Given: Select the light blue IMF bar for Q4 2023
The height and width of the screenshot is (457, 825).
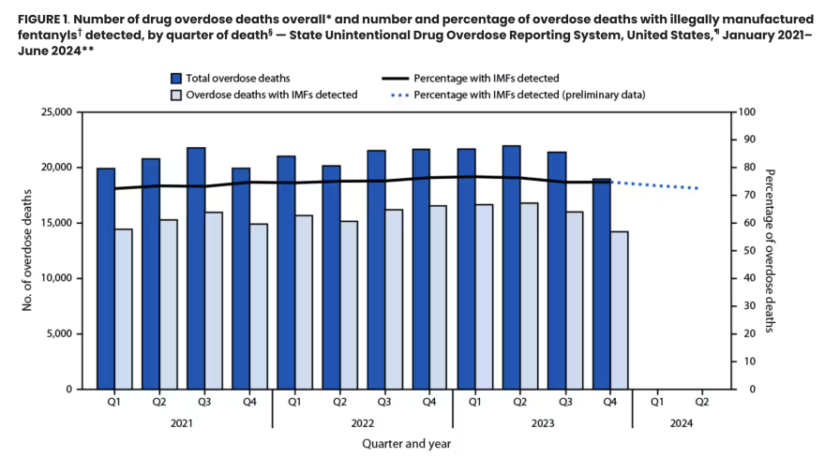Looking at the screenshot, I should click(x=619, y=310).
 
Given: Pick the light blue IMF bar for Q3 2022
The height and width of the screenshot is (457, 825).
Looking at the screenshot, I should click(x=394, y=299).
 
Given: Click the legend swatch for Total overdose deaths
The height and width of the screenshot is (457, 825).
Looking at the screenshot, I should click(x=176, y=78).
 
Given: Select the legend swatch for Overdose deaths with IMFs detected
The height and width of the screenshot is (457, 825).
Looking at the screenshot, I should click(x=176, y=95).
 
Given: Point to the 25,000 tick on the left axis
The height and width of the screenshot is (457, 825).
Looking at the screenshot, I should click(x=56, y=112).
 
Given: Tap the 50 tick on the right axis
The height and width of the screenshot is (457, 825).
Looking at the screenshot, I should click(x=743, y=251).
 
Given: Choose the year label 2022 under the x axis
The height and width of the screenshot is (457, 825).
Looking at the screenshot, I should click(x=362, y=421).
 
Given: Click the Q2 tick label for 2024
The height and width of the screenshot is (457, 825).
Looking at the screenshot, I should click(x=700, y=403).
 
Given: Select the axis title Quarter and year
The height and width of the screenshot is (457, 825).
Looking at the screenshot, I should click(x=406, y=442).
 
